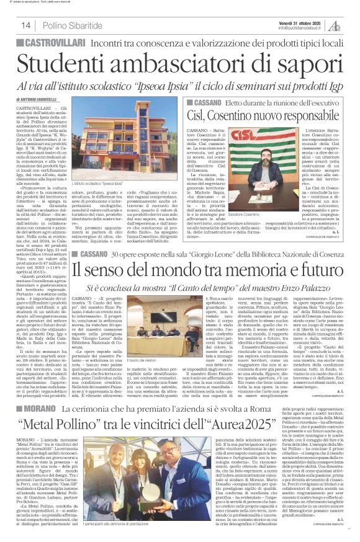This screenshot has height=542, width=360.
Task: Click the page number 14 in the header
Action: (x=25, y=25)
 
